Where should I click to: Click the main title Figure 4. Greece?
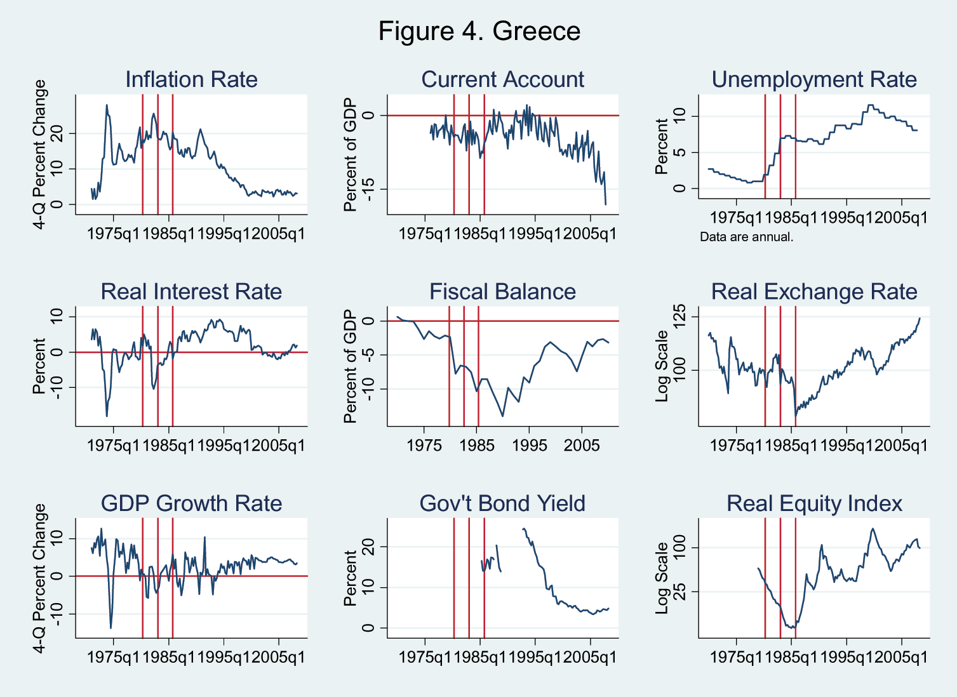click(x=479, y=31)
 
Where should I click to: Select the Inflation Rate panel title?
click(x=191, y=79)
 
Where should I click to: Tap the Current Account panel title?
click(x=502, y=79)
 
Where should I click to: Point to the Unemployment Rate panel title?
click(x=814, y=79)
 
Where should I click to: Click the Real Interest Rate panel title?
click(x=191, y=291)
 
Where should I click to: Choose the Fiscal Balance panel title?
click(x=502, y=291)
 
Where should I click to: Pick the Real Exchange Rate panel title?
click(x=814, y=291)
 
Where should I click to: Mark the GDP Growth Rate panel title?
click(x=191, y=503)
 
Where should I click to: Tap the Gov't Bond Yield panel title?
click(x=502, y=503)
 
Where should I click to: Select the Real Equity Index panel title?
click(x=814, y=503)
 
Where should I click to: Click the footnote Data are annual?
click(x=747, y=237)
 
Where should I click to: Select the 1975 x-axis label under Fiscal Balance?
click(x=424, y=446)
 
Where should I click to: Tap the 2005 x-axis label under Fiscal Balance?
click(x=582, y=446)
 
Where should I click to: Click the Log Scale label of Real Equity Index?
click(x=662, y=578)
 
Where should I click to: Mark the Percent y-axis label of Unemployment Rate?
click(x=662, y=146)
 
